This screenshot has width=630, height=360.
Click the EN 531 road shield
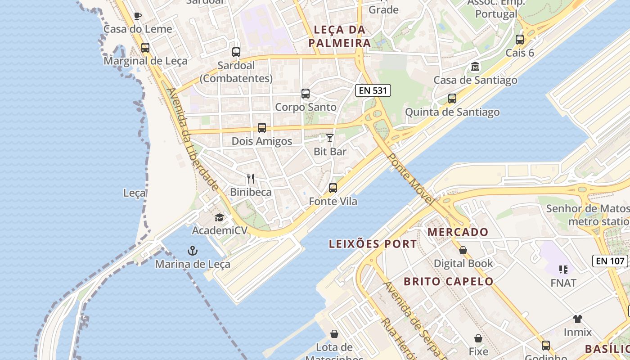pyautogui.click(x=373, y=90)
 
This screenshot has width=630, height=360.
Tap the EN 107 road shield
pyautogui.click(x=610, y=261)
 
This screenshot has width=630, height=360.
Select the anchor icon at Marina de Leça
pyautogui.click(x=193, y=250)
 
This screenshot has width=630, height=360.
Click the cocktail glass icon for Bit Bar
pyautogui.click(x=330, y=138)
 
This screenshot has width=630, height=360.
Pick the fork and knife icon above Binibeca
pyautogui.click(x=251, y=179)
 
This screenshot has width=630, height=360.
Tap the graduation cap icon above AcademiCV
pyautogui.click(x=219, y=218)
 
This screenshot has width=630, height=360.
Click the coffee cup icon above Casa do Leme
pyautogui.click(x=138, y=16)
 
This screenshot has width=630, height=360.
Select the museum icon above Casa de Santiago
pyautogui.click(x=475, y=67)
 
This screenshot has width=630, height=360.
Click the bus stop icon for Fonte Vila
pyautogui.click(x=333, y=188)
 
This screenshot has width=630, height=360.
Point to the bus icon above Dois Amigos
pyautogui.click(x=262, y=128)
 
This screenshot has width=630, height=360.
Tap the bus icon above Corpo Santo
pyautogui.click(x=306, y=94)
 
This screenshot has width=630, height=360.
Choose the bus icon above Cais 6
pyautogui.click(x=520, y=40)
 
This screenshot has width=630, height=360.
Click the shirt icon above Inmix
pyautogui.click(x=578, y=319)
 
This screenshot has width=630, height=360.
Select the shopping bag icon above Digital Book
pyautogui.click(x=463, y=250)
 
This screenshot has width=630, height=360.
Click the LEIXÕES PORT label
pyautogui.click(x=373, y=244)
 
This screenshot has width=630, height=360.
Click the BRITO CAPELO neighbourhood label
pyautogui.click(x=448, y=282)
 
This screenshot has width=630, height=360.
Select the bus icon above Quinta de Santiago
pyautogui.click(x=452, y=99)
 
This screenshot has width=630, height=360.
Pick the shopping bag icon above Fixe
pyautogui.click(x=478, y=338)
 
